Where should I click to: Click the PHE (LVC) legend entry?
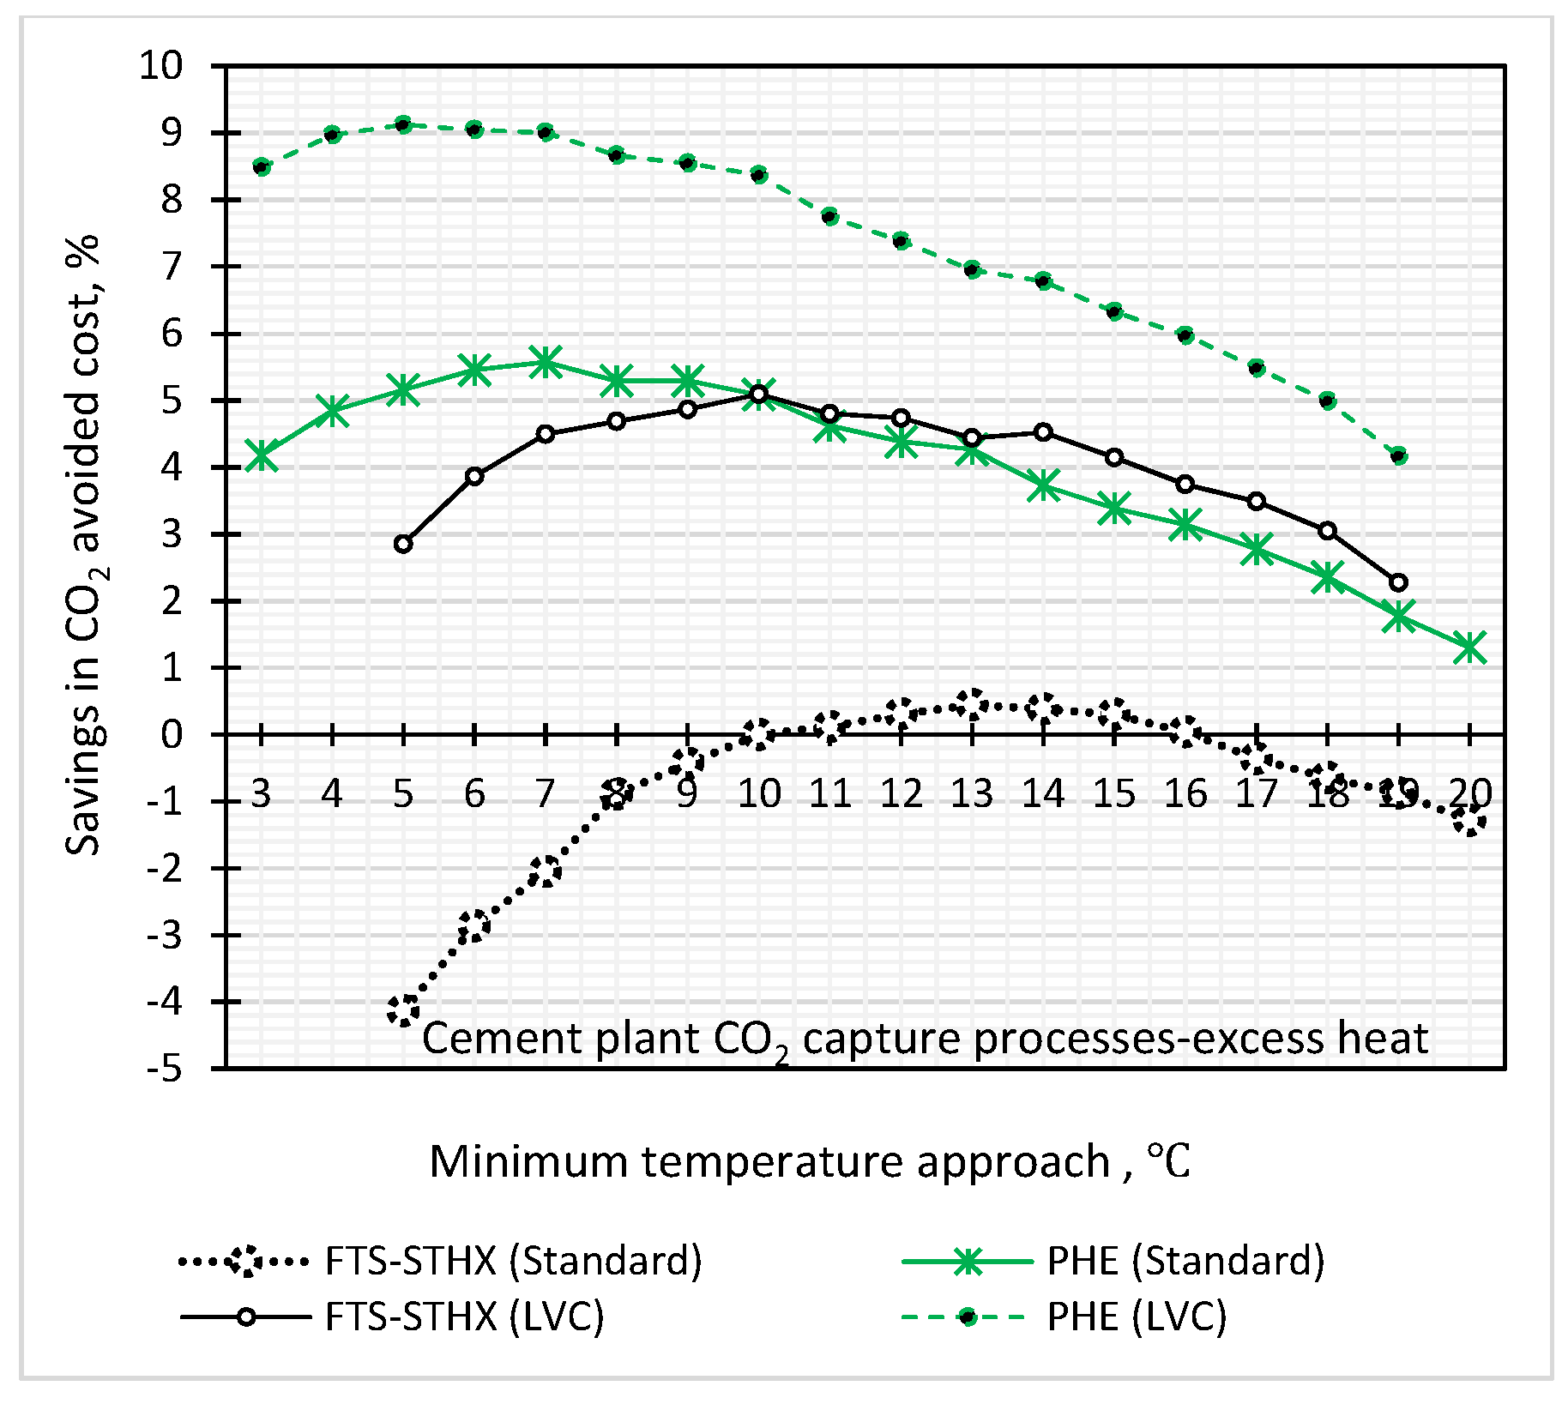click(x=1137, y=1317)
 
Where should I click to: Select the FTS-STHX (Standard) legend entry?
click(x=513, y=1261)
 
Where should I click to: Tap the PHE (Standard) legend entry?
click(x=1185, y=1261)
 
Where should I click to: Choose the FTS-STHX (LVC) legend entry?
click(x=464, y=1317)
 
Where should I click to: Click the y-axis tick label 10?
click(x=161, y=65)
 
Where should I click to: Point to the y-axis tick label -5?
click(x=165, y=1069)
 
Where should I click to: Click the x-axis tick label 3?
click(x=261, y=793)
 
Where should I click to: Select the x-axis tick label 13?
click(x=971, y=793)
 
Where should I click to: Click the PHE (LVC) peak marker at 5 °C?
click(x=403, y=124)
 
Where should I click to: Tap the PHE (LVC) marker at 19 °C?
click(x=1399, y=455)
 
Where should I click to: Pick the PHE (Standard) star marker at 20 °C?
click(x=1470, y=648)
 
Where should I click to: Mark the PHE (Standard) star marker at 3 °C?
click(x=261, y=456)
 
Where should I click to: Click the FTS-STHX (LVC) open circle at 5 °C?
click(x=403, y=544)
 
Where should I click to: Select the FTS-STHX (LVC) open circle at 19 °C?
click(x=1399, y=582)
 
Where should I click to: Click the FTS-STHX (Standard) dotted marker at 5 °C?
click(x=403, y=1009)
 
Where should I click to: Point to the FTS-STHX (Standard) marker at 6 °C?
click(x=474, y=925)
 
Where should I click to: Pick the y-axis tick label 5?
click(x=172, y=400)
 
